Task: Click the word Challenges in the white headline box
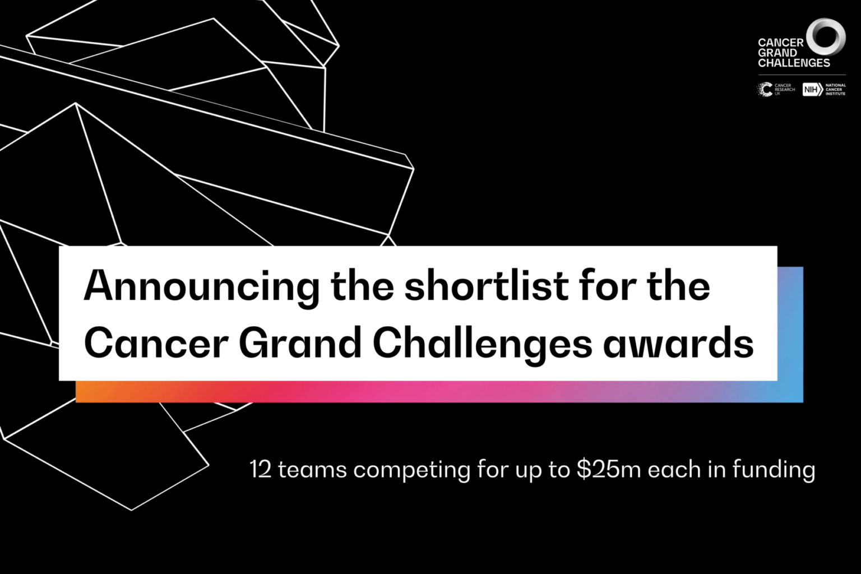pyautogui.click(x=482, y=344)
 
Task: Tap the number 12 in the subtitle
pyautogui.click(x=261, y=469)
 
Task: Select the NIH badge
pyautogui.click(x=812, y=90)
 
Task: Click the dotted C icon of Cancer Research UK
pyautogui.click(x=765, y=90)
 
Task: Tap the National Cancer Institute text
pyautogui.click(x=835, y=90)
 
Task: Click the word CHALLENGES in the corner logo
pyautogui.click(x=794, y=63)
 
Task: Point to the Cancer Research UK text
pyautogui.click(x=784, y=90)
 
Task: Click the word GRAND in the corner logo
pyautogui.click(x=777, y=53)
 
